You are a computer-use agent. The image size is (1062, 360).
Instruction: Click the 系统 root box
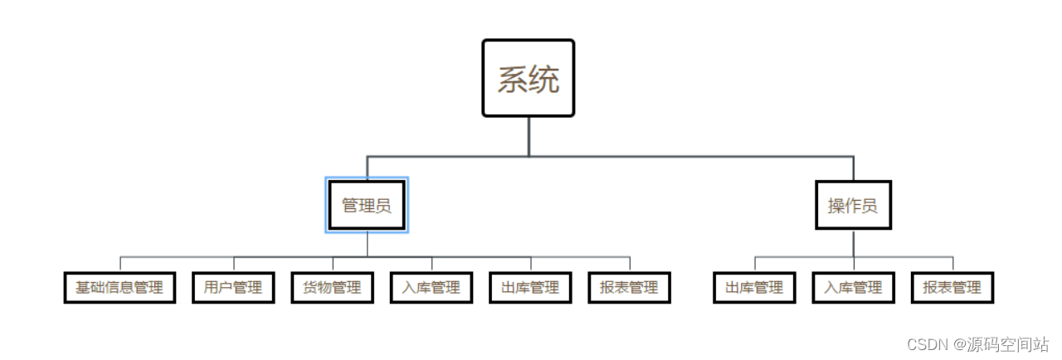[529, 78]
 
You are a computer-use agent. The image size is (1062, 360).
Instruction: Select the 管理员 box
[367, 205]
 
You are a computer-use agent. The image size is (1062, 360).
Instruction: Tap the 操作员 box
[853, 205]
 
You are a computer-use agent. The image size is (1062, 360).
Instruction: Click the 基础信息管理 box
[119, 288]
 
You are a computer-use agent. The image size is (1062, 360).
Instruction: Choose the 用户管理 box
[233, 288]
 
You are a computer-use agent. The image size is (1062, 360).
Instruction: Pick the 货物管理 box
[332, 288]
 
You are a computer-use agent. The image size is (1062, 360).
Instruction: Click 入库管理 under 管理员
[431, 288]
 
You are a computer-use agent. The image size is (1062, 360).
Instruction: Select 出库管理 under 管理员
[531, 288]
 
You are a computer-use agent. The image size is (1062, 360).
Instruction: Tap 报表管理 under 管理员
[629, 288]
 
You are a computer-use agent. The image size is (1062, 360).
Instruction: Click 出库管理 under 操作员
[754, 288]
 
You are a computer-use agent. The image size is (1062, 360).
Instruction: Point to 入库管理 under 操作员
[853, 288]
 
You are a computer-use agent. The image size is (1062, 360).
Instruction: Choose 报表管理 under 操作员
[952, 288]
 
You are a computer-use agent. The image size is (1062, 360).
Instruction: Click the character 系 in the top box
[513, 80]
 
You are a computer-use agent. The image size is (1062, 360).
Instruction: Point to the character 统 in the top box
[544, 80]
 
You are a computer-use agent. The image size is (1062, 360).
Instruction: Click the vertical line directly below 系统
[529, 136]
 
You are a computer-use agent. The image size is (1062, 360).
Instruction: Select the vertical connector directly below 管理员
[367, 244]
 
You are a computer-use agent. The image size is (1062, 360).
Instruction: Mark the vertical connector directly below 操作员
[853, 243]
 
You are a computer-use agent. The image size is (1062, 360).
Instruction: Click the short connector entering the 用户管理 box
[233, 265]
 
